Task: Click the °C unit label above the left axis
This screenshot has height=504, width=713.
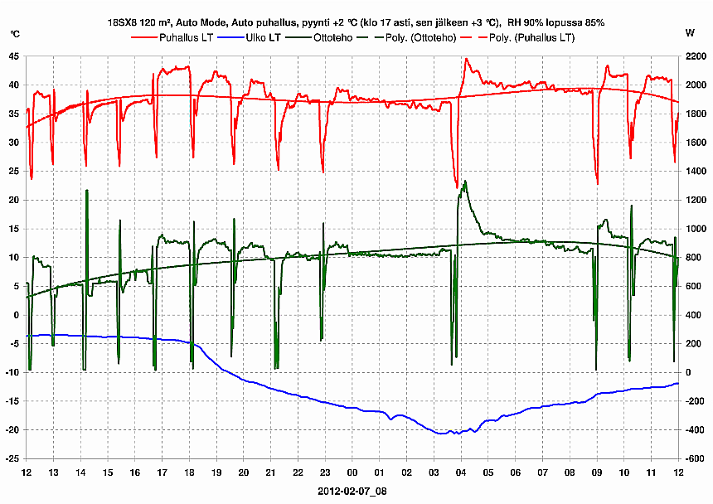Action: point(15,34)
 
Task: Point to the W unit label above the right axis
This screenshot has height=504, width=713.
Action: point(690,34)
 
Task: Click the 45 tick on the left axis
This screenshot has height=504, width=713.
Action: point(14,56)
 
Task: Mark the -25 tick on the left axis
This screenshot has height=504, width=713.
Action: point(12,458)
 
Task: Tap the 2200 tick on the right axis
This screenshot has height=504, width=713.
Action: point(695,56)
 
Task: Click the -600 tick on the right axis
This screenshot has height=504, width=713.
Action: point(695,458)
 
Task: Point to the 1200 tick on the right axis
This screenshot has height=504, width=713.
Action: point(695,200)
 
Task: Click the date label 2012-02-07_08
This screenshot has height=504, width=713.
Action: point(352,491)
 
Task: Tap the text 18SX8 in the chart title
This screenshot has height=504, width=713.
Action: point(123,22)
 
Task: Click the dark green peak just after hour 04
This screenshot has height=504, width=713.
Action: point(466,182)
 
